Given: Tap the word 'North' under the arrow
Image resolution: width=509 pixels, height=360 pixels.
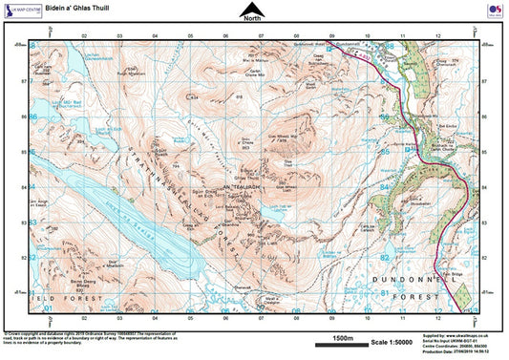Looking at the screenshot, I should [x=252, y=19].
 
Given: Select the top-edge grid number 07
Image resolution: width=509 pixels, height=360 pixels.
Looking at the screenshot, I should [x=261, y=37].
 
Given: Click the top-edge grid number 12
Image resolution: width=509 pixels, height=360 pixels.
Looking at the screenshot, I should [x=436, y=37].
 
